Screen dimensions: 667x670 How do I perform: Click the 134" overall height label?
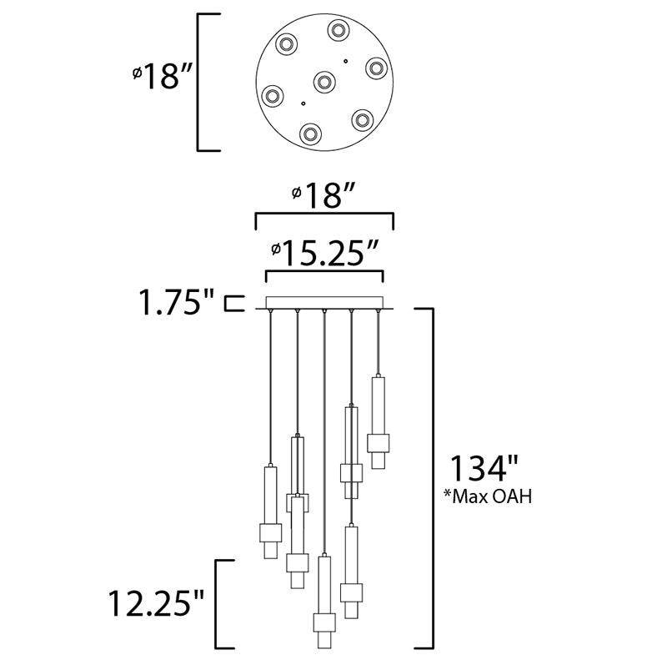click(484, 468)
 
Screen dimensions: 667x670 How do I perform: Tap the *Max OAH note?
click(488, 496)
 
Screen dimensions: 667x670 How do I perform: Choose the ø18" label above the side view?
click(323, 197)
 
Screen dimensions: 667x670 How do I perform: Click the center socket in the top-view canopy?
click(324, 82)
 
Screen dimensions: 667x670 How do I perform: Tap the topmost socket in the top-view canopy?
click(339, 30)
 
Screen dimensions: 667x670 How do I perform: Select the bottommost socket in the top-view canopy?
click(310, 133)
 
